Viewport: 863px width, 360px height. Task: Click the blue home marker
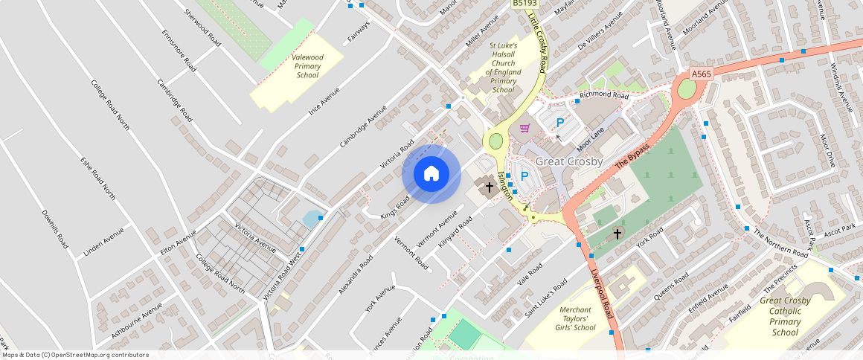[431, 174]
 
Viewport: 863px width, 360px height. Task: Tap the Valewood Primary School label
[307, 66]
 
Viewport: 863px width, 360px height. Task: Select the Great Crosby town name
[569, 161]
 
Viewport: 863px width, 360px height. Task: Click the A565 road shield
[701, 74]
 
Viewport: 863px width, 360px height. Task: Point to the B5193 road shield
[525, 4]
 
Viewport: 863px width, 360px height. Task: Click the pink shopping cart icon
[525, 128]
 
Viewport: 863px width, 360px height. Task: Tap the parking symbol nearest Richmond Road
[560, 123]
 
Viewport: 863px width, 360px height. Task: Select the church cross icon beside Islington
[490, 187]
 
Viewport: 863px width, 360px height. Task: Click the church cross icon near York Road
[617, 234]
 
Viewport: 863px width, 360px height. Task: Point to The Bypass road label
[632, 155]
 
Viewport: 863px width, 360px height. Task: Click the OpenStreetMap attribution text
[75, 355]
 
